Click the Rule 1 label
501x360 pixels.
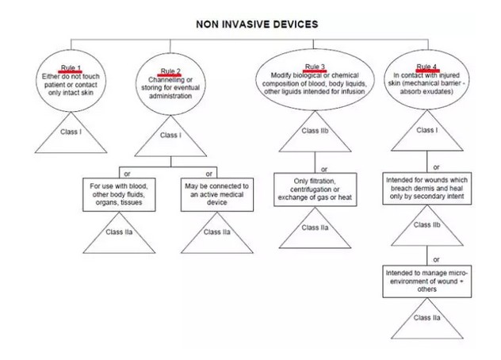[x=71, y=67]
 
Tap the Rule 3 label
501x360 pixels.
[x=315, y=65]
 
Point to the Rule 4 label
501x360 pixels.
[x=426, y=66]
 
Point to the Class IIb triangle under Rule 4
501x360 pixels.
[x=426, y=226]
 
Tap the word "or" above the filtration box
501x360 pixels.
[x=323, y=168]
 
